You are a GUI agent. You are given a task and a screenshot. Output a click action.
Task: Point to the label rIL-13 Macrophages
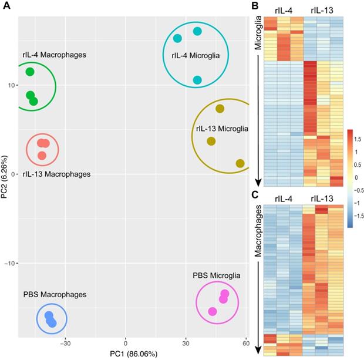[x=56, y=174]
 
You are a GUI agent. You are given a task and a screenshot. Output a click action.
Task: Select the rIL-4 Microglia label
[x=196, y=56]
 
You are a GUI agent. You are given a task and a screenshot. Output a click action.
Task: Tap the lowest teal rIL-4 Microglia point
[x=197, y=80]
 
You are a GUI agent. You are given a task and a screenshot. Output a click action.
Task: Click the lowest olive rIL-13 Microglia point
[x=240, y=163]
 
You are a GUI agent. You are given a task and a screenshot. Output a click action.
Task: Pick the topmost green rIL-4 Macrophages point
[x=30, y=72]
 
